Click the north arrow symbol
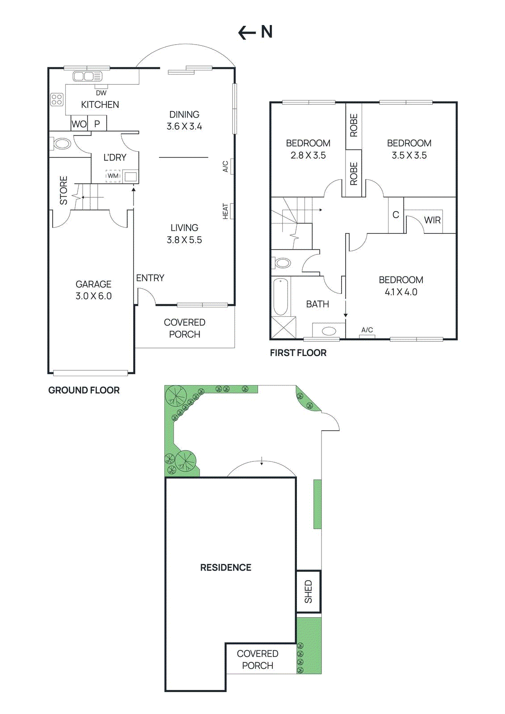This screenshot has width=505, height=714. point(255,32)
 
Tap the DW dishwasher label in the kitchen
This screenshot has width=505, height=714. point(101,93)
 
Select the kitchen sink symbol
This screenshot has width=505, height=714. point(87,76)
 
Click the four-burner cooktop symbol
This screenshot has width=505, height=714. point(57,99)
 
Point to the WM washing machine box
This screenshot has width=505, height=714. point(113,176)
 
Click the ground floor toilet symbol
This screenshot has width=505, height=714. point(61,144)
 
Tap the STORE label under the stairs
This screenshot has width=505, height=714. point(63,191)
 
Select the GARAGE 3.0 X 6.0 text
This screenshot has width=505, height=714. point(93,290)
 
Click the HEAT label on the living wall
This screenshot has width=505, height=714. point(225,211)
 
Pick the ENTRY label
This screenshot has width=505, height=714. point(150,278)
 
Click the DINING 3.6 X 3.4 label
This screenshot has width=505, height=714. point(184,120)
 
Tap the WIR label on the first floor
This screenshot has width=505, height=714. point(432,220)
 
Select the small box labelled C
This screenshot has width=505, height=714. point(396,215)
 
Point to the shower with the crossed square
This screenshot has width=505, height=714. point(284,327)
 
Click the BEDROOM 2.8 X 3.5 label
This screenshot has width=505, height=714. point(308,149)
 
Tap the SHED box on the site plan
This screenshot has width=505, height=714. point(309,591)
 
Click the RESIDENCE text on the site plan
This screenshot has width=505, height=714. point(225,568)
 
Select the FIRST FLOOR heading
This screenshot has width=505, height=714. point(298,353)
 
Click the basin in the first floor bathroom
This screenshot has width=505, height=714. point(329,331)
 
